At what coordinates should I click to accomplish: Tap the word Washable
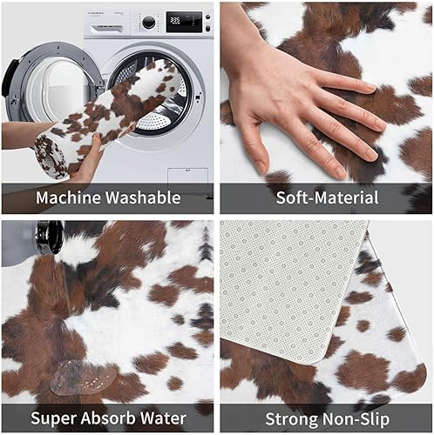pos(144,198)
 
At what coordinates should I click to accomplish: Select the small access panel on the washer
pos(188,174)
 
